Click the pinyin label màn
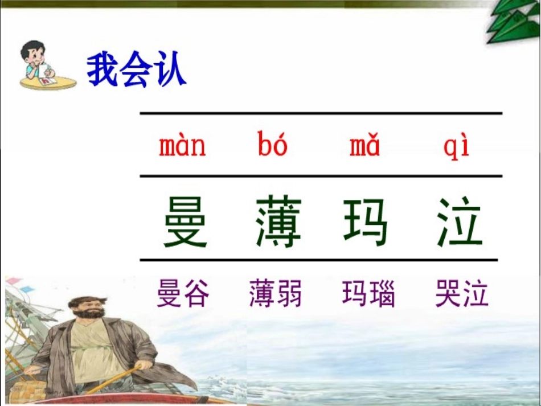pos(182,147)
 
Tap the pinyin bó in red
pos(273,146)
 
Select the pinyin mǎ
pos(365,147)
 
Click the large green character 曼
pos(186,222)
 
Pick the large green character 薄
pos(278,222)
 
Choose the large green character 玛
pos(366,222)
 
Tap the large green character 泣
pos(460,222)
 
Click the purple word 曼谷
pos(183,294)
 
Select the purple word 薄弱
pos(276,294)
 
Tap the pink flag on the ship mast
pos(14,282)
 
